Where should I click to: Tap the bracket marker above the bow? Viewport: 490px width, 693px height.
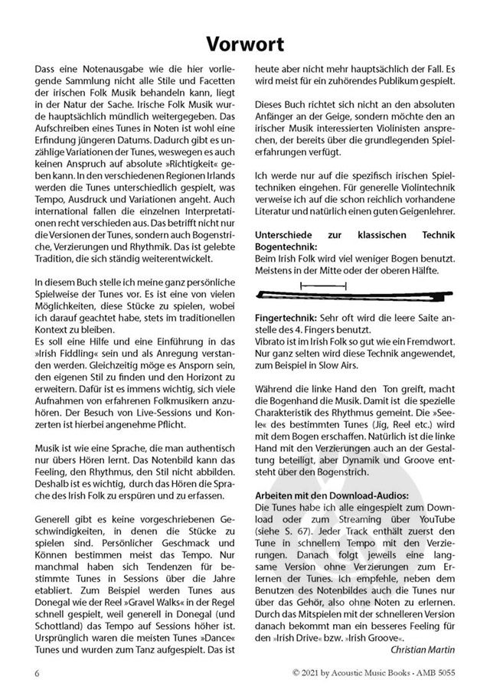(x=312, y=285)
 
